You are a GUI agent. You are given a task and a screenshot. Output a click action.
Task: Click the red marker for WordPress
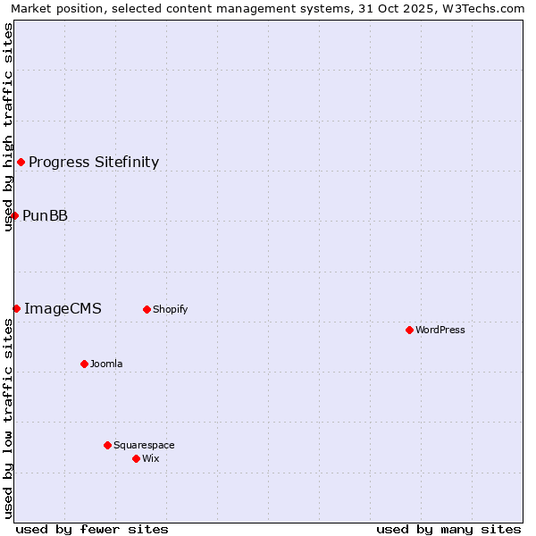coord(409,330)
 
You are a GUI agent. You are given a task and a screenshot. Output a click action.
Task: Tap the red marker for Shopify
coord(147,309)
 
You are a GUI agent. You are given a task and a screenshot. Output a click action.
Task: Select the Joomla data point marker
coord(84,364)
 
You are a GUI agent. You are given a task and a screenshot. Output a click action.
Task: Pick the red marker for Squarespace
coord(107,445)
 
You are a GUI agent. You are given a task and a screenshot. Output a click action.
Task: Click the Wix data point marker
coord(136,458)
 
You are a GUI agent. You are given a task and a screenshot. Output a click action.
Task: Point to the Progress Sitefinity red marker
coord(21,162)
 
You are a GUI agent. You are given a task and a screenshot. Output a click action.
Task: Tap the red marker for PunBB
coord(14,215)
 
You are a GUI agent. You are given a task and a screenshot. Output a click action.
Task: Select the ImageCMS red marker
coord(16,308)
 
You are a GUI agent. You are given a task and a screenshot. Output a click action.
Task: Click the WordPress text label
coord(440,330)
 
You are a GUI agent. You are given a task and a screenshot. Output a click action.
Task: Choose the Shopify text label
coord(170,309)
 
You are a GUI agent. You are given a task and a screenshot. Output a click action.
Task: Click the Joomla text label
coord(106,364)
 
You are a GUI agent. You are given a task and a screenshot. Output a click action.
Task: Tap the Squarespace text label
coord(144,445)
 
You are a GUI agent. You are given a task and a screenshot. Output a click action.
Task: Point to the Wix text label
coord(151,458)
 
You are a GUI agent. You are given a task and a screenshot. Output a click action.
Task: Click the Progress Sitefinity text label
coord(94,162)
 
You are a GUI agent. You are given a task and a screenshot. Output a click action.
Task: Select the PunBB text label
coord(45,215)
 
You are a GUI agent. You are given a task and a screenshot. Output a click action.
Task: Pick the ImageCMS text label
coord(63,308)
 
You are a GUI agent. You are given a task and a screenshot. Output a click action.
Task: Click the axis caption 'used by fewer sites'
coord(92,529)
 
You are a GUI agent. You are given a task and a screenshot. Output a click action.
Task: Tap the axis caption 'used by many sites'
coord(448,529)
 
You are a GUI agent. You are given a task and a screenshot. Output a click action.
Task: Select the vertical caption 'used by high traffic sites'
coord(8,127)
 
